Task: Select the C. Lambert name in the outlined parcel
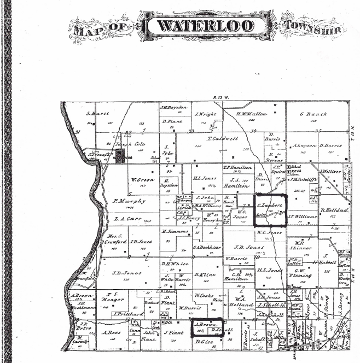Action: tap(270, 205)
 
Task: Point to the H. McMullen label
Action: tap(251, 114)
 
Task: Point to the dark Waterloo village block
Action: tap(120, 157)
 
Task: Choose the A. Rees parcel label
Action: tap(111, 332)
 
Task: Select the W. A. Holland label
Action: tap(239, 298)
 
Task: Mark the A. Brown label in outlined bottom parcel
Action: tap(204, 324)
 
